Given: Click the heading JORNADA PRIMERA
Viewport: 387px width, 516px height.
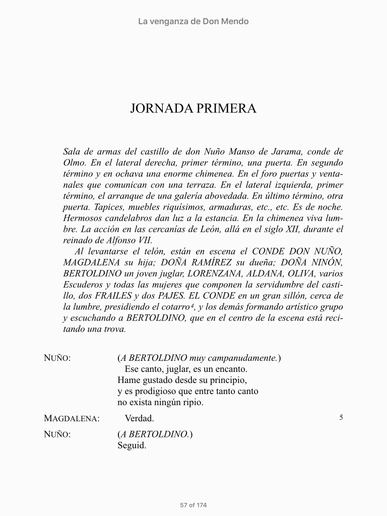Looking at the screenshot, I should pyautogui.click(x=193, y=109).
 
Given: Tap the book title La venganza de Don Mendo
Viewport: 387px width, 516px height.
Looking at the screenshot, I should pyautogui.click(x=193, y=21).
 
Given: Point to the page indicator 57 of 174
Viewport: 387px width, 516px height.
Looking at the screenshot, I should pyautogui.click(x=193, y=505).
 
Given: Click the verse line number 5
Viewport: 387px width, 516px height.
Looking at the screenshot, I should pyautogui.click(x=341, y=417).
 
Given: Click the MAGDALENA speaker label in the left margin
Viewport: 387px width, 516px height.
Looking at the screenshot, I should pyautogui.click(x=72, y=418).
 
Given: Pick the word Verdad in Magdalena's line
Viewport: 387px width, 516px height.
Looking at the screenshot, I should pyautogui.click(x=139, y=418).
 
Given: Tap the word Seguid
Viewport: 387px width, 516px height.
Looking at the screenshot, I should pyautogui.click(x=132, y=445).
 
